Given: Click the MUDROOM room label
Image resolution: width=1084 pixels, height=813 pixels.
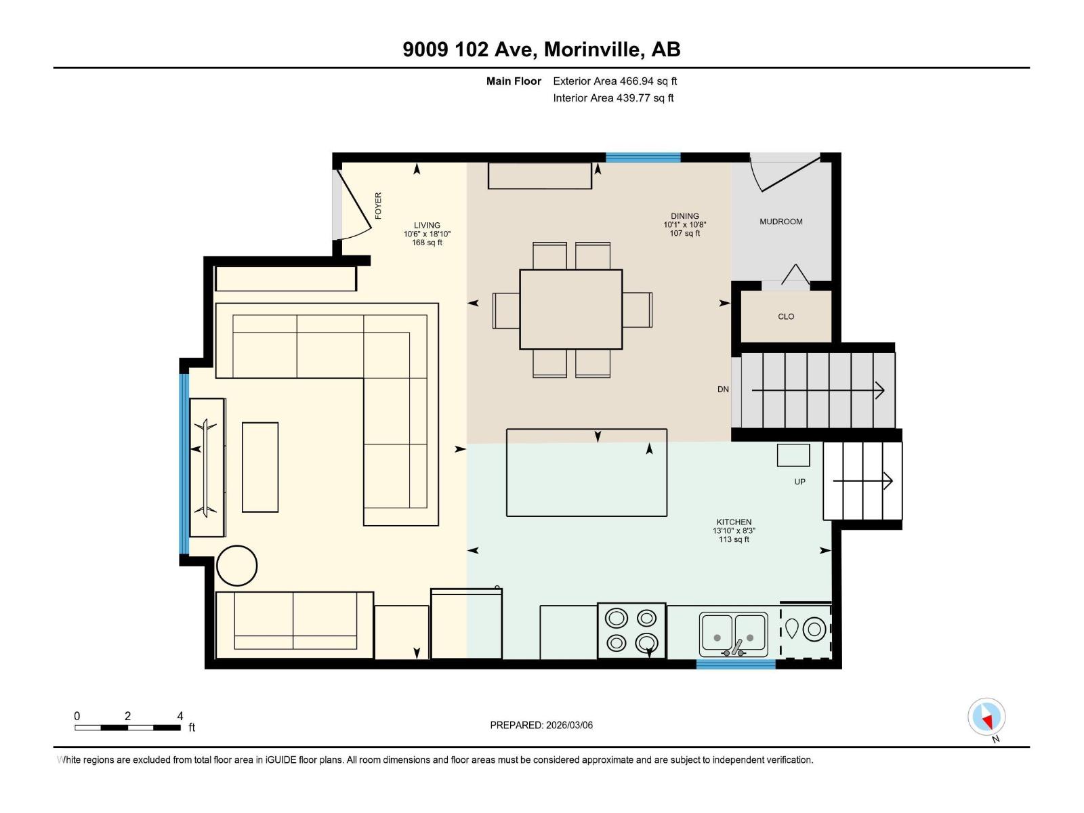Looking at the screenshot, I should point(780,222).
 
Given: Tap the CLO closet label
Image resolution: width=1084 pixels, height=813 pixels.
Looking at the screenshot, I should point(785,316).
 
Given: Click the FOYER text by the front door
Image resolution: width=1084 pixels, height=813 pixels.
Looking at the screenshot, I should point(378,205).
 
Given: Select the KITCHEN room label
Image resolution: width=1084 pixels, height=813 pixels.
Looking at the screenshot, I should point(734,522).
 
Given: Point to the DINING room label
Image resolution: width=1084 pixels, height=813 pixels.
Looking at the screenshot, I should point(684,216).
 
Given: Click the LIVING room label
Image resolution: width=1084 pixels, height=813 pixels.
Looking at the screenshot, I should point(427,226).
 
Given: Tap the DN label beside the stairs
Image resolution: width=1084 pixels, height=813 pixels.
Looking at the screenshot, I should point(723,390).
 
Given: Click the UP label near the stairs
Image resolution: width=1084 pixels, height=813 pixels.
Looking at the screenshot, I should point(799,482).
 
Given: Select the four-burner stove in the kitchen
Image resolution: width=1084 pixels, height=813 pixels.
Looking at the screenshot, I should point(631,631).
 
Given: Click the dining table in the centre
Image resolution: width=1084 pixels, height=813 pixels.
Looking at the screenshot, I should point(570,310).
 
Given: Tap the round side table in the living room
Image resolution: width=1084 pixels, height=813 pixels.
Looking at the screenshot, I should point(236,565).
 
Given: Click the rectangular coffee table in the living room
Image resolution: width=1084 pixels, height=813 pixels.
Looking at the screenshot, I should point(260,467).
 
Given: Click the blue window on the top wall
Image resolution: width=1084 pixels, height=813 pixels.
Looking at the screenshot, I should point(642,157).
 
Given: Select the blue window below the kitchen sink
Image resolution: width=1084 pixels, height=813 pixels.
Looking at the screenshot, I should point(736,665).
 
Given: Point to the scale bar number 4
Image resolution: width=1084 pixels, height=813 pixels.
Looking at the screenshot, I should point(180,715).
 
